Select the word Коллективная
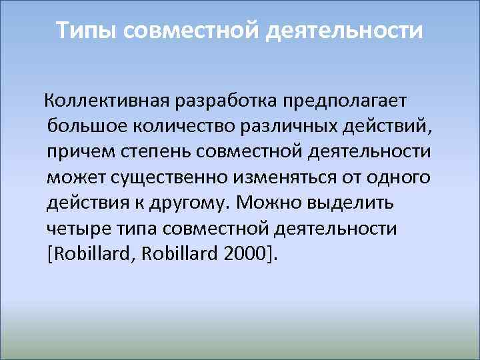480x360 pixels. (107, 100)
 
